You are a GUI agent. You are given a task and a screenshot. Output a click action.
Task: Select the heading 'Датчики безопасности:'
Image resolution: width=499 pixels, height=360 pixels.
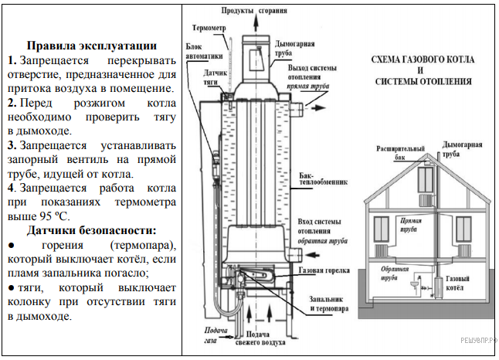(x=91, y=230)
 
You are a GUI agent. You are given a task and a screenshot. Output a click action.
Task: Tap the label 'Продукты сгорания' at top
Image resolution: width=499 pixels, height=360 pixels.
(x=254, y=12)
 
